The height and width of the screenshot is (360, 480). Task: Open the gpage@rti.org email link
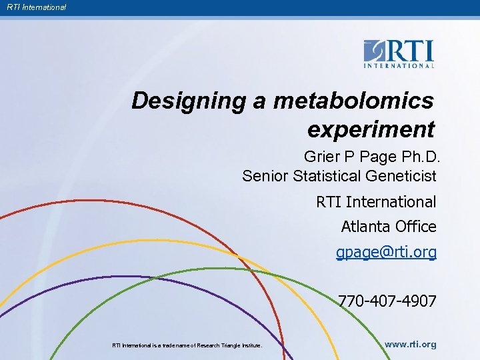tap(386, 253)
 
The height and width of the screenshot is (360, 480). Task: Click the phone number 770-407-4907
tap(387, 301)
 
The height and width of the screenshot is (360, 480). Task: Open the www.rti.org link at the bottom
tap(411, 345)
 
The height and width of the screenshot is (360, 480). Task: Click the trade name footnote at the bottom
tap(187, 345)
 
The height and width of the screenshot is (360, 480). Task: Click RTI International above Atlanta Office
tap(376, 201)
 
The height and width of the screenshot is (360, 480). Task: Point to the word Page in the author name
tap(378, 157)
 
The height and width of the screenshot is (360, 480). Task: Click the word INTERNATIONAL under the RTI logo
tap(399, 65)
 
